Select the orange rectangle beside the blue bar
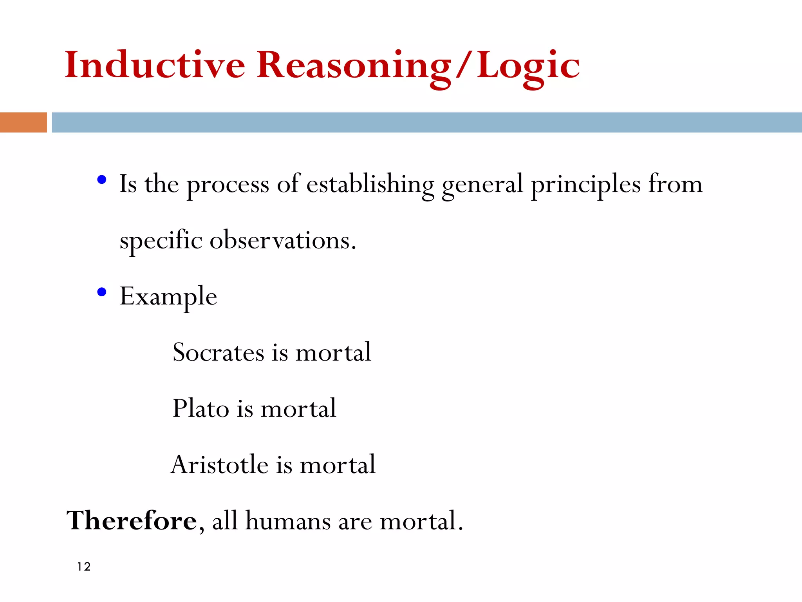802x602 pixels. [x=23, y=122]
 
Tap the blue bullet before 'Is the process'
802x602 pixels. [x=102, y=180]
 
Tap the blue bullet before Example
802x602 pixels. [x=102, y=292]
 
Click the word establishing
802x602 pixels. [x=370, y=184]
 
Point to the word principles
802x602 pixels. [x=586, y=184]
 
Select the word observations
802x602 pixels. [x=283, y=240]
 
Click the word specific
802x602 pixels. [x=161, y=240]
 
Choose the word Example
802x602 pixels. [x=168, y=297]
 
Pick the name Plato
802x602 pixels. [x=200, y=408]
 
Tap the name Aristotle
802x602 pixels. [x=220, y=465]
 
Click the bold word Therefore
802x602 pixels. [x=132, y=521]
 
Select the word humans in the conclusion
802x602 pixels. [x=288, y=521]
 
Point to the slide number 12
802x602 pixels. [x=84, y=567]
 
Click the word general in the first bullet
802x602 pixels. [x=482, y=184]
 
